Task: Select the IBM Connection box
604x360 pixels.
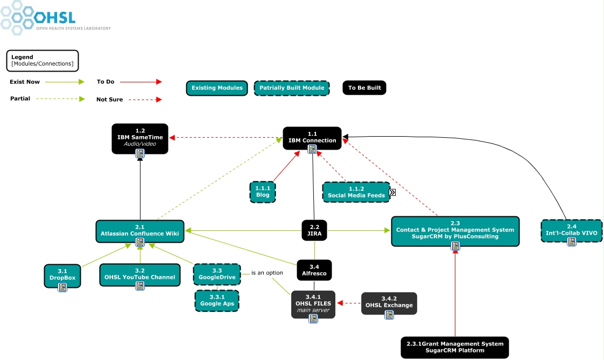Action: tap(312, 138)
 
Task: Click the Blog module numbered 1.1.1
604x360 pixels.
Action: tap(263, 192)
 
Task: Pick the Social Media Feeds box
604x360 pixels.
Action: tap(356, 192)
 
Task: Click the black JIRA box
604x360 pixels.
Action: tap(314, 230)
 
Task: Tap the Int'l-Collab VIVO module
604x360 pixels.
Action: tap(571, 230)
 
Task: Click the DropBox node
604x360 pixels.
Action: tap(62, 276)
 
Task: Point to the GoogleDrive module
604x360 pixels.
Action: tap(217, 273)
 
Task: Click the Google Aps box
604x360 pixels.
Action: tap(216, 300)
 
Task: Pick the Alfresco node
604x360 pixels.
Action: tap(314, 270)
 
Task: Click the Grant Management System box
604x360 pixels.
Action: tap(455, 347)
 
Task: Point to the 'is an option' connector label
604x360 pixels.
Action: tap(267, 273)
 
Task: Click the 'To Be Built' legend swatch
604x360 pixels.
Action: tap(364, 88)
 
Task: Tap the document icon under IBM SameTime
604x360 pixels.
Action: tap(140, 154)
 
